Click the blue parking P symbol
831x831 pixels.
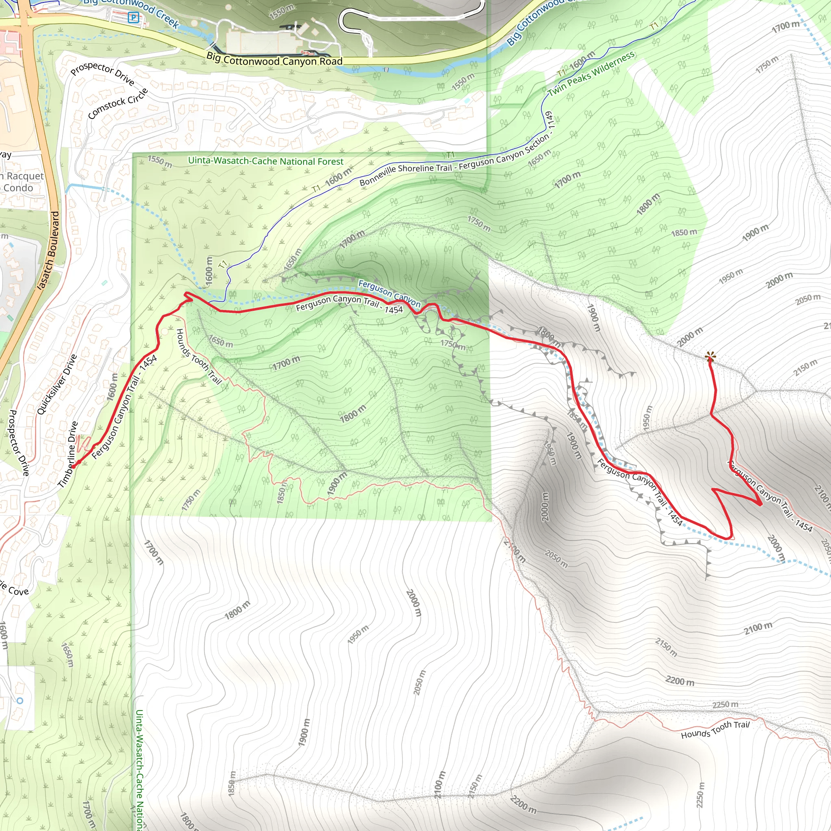click(x=133, y=17)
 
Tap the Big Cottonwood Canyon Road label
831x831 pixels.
click(x=274, y=60)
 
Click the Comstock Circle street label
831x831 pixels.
click(x=118, y=103)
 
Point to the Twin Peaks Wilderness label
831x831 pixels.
click(x=591, y=74)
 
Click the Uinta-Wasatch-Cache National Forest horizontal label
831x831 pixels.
click(x=265, y=161)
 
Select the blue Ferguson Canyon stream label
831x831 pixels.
click(x=389, y=293)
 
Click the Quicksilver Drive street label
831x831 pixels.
click(x=57, y=384)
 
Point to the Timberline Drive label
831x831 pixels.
click(x=68, y=454)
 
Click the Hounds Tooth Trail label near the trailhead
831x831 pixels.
click(x=199, y=357)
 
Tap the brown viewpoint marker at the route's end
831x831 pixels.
click(x=710, y=356)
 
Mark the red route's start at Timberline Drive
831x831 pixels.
click(x=73, y=466)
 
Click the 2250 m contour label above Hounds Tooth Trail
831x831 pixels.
click(x=725, y=704)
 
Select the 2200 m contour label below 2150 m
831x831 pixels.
click(x=680, y=681)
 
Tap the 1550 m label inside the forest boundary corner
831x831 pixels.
click(x=159, y=161)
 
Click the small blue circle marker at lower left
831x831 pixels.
click(x=20, y=701)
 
